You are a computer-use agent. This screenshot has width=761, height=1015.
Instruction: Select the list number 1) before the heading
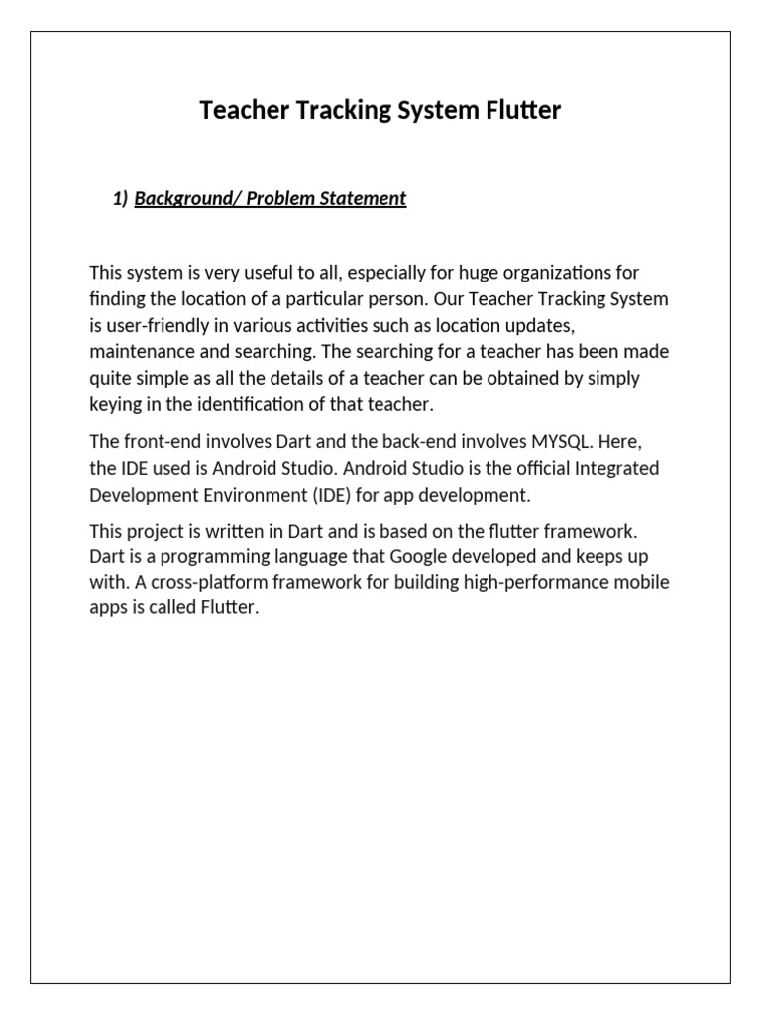[x=121, y=199]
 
